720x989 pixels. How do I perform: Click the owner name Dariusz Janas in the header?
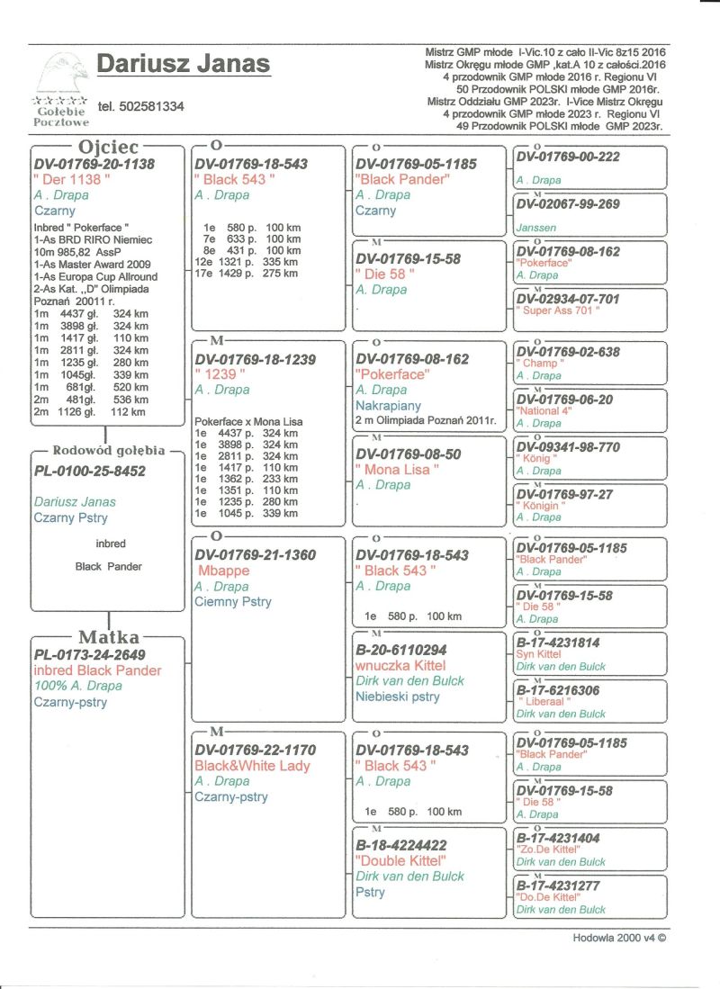183,64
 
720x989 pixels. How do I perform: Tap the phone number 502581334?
141,106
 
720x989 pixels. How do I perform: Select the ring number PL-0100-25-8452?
89,471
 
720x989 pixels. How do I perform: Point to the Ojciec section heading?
109,147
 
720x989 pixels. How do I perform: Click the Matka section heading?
108,638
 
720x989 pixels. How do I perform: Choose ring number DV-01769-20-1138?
94,164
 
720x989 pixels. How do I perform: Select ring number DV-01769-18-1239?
256,359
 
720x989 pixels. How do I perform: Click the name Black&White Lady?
252,766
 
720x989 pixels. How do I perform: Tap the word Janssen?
537,229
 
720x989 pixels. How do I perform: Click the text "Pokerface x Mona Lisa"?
248,421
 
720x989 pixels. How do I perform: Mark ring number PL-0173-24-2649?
89,655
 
